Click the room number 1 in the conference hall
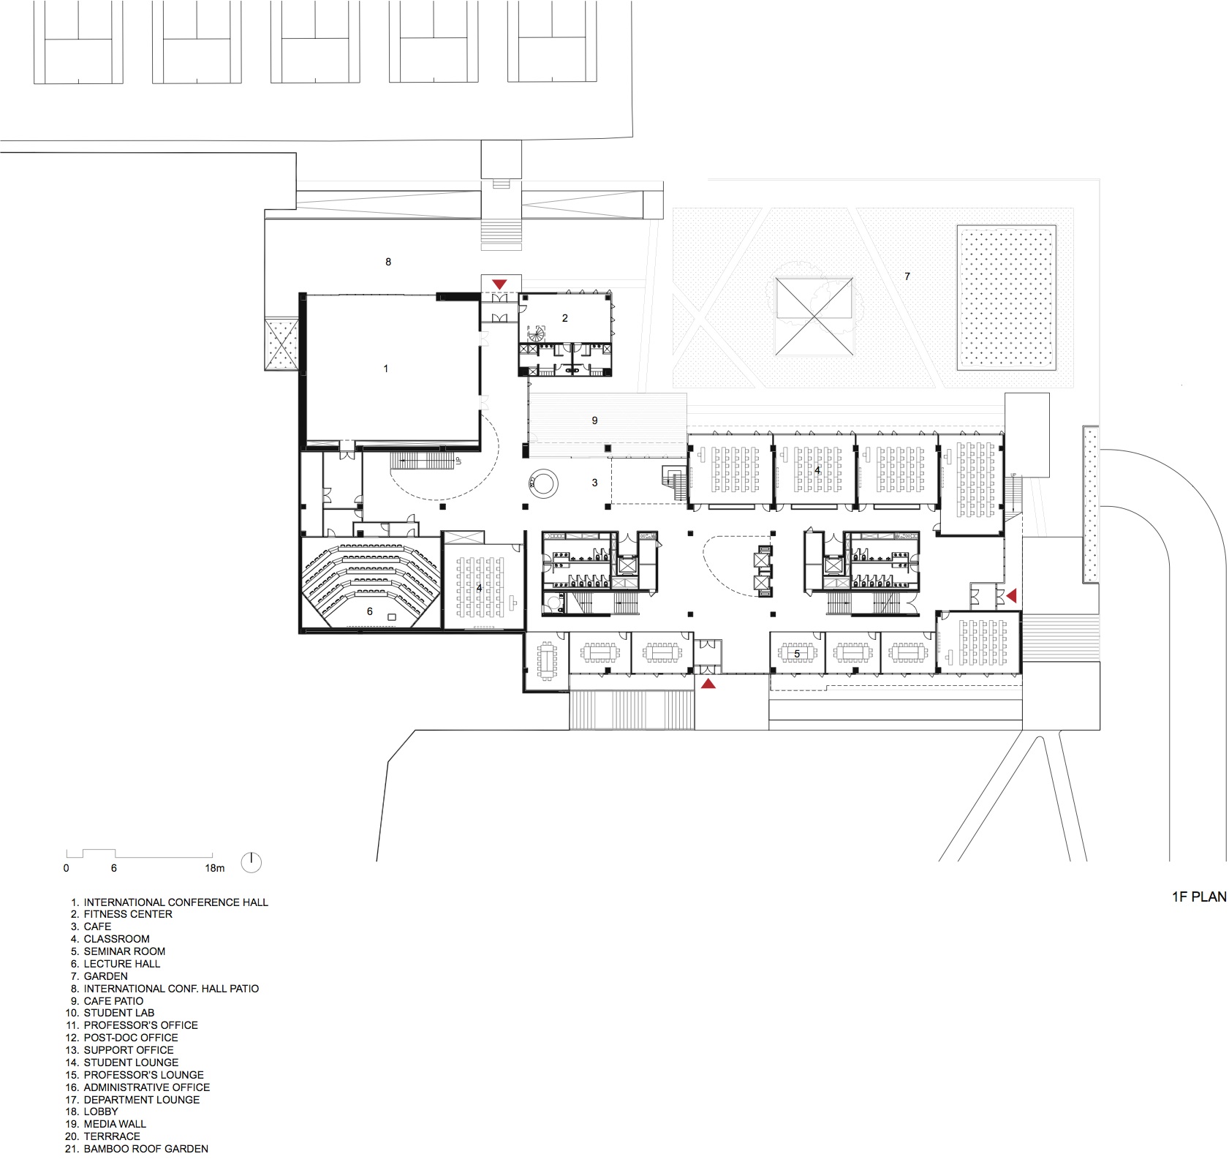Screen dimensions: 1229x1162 [386, 369]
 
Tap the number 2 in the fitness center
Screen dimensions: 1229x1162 [564, 318]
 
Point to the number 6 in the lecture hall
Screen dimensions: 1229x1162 [370, 611]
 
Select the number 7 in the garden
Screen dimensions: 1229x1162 [907, 276]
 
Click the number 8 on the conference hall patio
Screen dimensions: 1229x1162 [388, 262]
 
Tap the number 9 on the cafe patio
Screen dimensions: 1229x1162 [594, 420]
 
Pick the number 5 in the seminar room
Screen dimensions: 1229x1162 [797, 654]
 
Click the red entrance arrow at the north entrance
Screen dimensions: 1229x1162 [499, 284]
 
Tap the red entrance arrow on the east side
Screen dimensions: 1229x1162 [1012, 597]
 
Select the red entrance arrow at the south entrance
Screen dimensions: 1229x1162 [708, 684]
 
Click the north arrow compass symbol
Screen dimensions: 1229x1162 [251, 863]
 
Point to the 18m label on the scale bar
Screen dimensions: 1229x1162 [214, 868]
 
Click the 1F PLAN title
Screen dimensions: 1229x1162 [1199, 897]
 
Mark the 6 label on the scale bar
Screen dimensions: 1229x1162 [114, 868]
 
